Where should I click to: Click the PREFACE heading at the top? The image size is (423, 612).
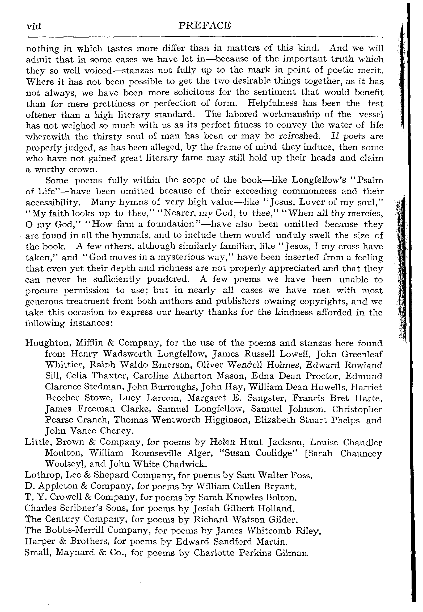tap(205, 26)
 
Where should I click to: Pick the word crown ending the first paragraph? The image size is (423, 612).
tap(86, 169)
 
